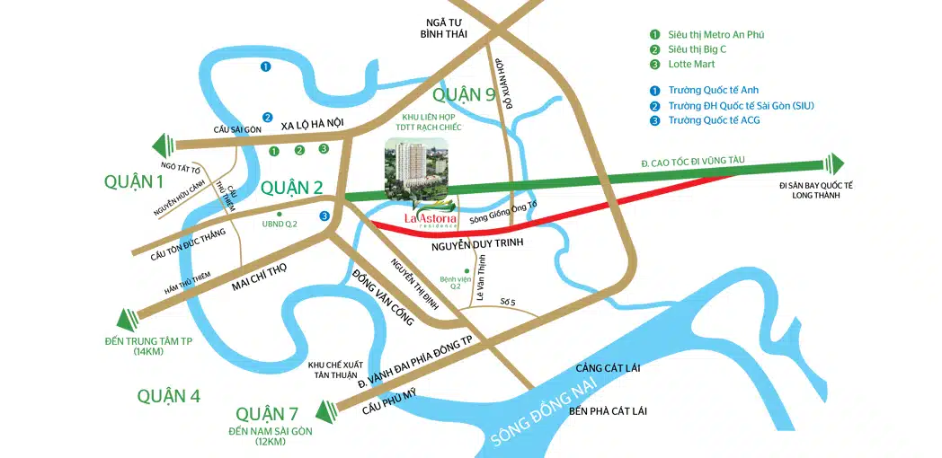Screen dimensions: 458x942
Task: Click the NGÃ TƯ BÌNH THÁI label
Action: click(x=439, y=28)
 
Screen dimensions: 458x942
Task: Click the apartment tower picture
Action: click(x=414, y=169)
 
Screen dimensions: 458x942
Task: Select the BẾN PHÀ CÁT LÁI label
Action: click(x=609, y=410)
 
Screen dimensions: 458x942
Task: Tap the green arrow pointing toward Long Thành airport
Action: click(x=835, y=163)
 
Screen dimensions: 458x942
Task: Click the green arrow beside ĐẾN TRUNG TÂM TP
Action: click(x=128, y=317)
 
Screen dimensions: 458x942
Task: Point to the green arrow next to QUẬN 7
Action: click(x=324, y=412)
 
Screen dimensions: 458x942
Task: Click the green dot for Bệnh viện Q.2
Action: click(x=465, y=270)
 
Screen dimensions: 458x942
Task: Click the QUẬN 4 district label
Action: click(x=169, y=395)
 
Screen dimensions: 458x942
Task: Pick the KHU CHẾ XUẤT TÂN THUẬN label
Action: click(x=333, y=371)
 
